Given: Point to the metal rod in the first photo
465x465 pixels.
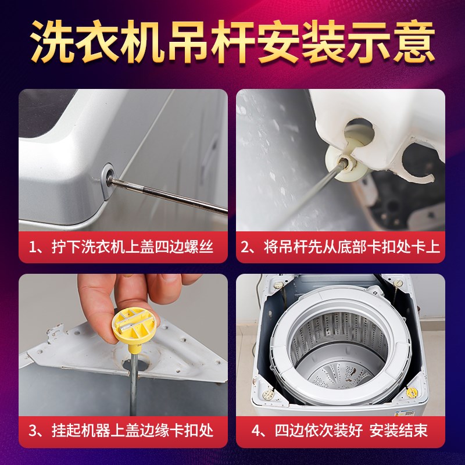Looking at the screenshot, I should [x=174, y=196].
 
